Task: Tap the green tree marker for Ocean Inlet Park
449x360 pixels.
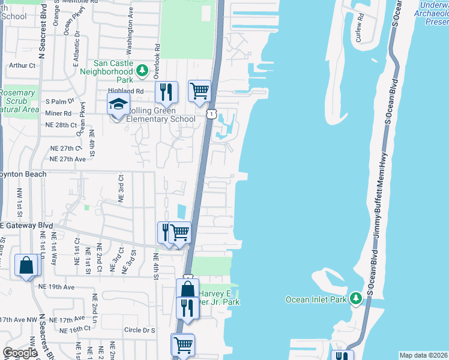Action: pyautogui.click(x=356, y=298)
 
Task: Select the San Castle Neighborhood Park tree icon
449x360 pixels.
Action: pyautogui.click(x=142, y=71)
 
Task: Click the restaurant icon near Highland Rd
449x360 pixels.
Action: pyautogui.click(x=166, y=92)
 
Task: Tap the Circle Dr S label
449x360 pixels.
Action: pyautogui.click(x=139, y=330)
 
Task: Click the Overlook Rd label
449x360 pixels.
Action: pyautogui.click(x=157, y=51)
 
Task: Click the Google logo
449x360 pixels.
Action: pyautogui.click(x=20, y=353)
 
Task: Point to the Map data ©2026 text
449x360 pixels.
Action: pyautogui.click(x=423, y=355)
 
